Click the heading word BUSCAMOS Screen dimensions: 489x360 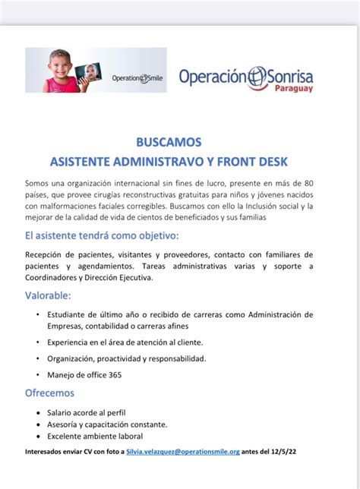point(179,141)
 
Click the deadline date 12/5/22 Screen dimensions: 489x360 point(283,451)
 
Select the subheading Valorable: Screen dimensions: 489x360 point(48,295)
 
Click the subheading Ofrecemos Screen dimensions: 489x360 point(50,393)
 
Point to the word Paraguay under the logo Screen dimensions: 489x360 point(292,88)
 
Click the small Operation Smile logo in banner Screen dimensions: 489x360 point(137,78)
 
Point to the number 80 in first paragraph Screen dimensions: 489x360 point(306,183)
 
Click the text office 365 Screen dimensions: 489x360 point(101,374)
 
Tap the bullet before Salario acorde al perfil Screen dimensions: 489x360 point(39,412)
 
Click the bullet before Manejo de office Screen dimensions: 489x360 point(39,374)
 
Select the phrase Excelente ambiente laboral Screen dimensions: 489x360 point(95,436)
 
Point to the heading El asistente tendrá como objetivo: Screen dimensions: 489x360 point(102,235)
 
